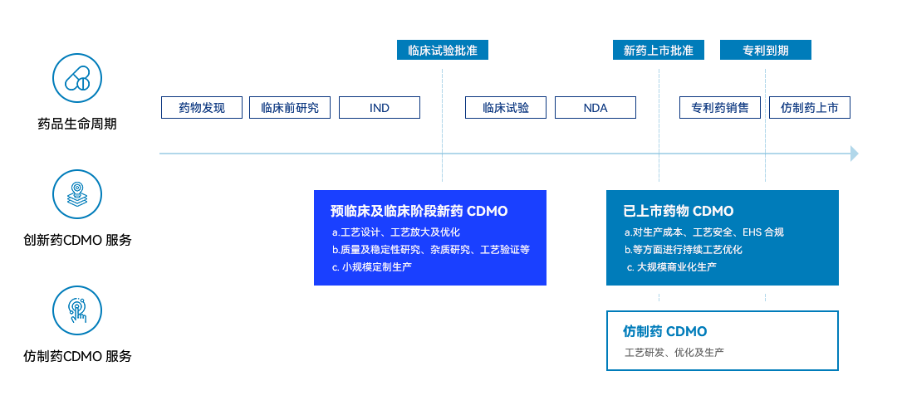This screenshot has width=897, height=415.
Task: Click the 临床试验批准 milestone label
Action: click(x=443, y=50)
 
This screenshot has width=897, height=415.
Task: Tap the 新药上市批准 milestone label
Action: click(x=659, y=50)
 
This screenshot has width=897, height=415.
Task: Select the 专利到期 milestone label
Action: click(x=766, y=50)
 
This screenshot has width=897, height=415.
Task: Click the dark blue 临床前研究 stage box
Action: click(x=290, y=108)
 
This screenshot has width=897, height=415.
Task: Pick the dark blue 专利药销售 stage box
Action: click(x=719, y=108)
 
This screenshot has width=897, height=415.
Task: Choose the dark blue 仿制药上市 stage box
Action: click(x=810, y=108)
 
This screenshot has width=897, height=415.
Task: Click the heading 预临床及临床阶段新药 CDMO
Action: click(x=419, y=211)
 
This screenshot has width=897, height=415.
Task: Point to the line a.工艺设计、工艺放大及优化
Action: click(x=396, y=232)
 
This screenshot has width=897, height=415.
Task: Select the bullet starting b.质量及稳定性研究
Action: click(x=430, y=250)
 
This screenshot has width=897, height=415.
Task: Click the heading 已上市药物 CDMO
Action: click(x=679, y=211)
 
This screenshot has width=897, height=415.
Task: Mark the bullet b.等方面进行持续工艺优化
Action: click(x=684, y=250)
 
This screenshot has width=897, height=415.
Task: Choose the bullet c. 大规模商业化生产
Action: click(x=671, y=267)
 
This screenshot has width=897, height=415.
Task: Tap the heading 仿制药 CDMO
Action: click(x=664, y=331)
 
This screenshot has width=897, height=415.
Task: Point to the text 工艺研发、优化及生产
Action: click(x=674, y=353)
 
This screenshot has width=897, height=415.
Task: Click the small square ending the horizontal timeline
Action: click(x=855, y=154)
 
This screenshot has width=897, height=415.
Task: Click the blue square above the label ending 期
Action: click(x=77, y=78)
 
